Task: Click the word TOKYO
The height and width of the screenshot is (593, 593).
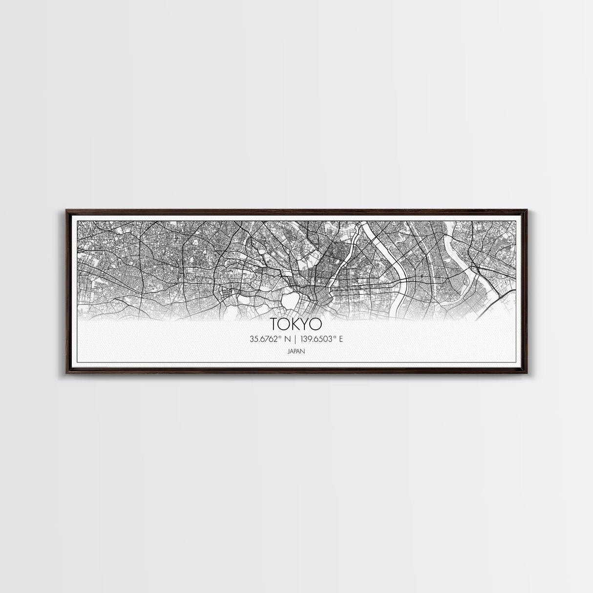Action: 296,324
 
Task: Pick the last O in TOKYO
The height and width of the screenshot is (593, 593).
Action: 315,324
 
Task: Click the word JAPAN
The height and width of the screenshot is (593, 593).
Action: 296,350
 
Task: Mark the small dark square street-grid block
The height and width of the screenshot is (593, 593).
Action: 225,294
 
